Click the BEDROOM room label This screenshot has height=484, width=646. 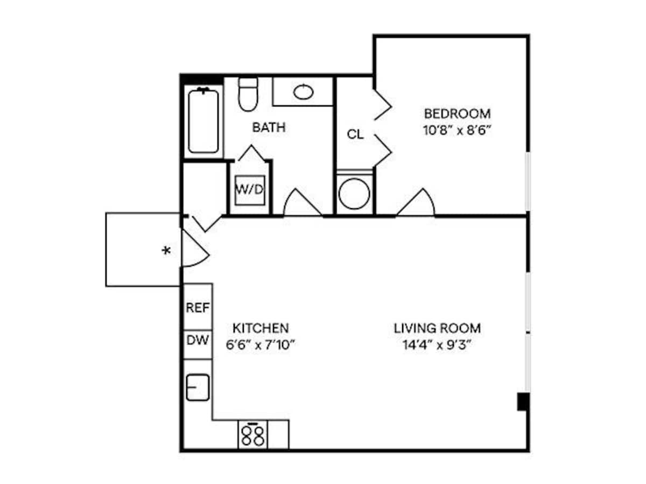coord(457,114)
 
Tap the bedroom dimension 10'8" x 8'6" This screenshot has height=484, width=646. coord(457,130)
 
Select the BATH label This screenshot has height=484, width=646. coord(269,128)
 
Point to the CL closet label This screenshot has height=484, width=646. coord(355,134)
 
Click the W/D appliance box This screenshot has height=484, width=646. coord(250,190)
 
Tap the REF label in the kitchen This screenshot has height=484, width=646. coord(198,308)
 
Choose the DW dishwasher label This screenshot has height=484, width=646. coord(198,340)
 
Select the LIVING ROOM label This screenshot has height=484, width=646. coord(437,328)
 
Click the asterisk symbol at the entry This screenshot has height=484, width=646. coord(167,251)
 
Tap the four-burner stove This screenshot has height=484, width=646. coord(252,435)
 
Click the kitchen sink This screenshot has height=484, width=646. coord(198,387)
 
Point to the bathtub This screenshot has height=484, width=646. coord(203,121)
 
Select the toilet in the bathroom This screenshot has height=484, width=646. coord(248,94)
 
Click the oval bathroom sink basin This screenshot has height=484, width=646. coord(304,92)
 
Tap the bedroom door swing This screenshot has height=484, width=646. coord(418,204)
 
